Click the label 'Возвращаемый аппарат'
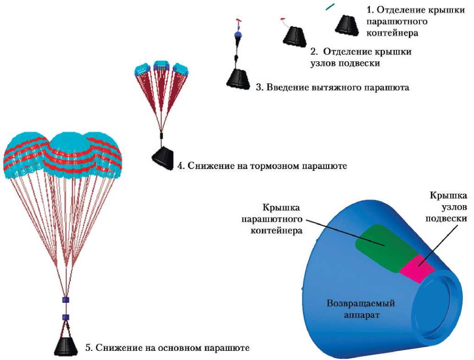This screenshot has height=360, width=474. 361,309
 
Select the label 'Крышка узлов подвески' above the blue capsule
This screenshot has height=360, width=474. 448,207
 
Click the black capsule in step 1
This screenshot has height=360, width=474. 348,24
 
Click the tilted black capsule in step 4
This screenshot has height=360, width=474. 164,158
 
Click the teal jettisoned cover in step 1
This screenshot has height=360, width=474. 330,7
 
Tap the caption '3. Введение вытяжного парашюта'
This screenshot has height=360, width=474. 332,87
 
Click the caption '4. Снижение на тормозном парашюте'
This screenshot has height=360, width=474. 262,165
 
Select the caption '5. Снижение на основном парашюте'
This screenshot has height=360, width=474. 167,348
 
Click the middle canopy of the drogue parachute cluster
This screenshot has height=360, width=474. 161,67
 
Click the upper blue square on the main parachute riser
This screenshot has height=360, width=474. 65,300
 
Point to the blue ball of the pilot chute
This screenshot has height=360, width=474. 238,34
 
